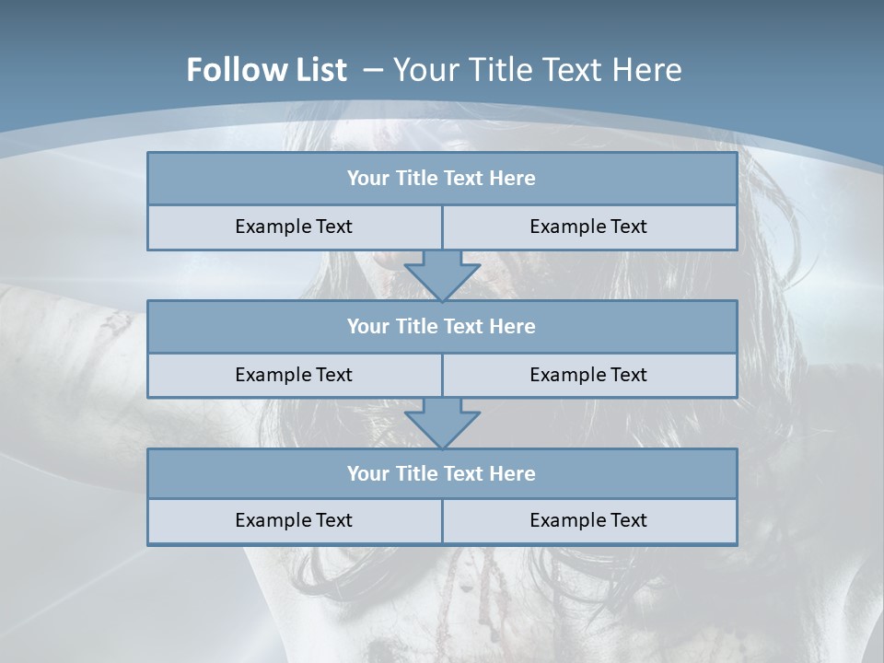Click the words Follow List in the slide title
(x=266, y=70)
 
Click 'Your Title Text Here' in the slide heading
(x=538, y=70)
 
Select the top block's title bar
(x=441, y=179)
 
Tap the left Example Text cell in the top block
(x=294, y=227)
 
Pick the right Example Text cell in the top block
(x=588, y=227)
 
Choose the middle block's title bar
(x=441, y=326)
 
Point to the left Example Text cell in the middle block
(x=294, y=375)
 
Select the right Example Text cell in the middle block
(x=588, y=375)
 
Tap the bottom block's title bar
(x=441, y=473)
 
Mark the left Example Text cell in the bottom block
(x=294, y=520)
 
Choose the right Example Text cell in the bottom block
(x=588, y=520)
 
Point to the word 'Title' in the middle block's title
(x=416, y=326)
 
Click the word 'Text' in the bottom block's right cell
(x=628, y=520)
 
